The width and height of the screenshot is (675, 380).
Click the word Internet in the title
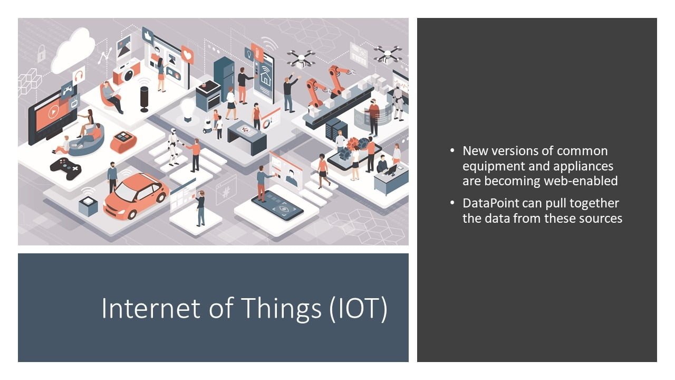point(150,308)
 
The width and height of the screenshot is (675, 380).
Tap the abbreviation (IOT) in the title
point(358,309)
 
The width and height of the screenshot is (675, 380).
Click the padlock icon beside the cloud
point(41,54)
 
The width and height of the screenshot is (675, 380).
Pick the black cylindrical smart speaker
point(144,99)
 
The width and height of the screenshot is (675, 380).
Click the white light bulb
point(187,110)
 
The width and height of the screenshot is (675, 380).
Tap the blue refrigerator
point(224,77)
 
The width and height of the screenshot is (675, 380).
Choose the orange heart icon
point(187,55)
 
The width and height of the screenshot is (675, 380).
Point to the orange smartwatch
point(123,142)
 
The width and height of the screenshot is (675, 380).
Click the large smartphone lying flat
point(277,205)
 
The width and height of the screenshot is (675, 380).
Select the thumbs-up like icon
point(148,35)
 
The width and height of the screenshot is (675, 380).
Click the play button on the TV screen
point(53,112)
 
